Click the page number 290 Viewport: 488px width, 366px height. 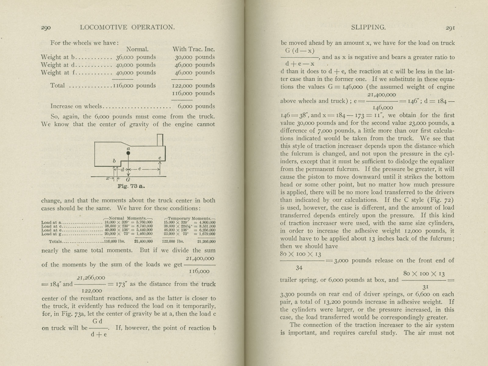(x=46, y=27)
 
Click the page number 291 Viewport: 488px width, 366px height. (x=450, y=27)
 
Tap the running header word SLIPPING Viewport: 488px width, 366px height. (x=368, y=27)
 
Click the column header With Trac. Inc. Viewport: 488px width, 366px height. (x=193, y=49)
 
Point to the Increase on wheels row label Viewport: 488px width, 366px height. (x=76, y=106)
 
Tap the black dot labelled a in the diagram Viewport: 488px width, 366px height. (x=128, y=153)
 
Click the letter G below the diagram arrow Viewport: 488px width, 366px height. (x=128, y=180)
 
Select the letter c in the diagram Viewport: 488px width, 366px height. (x=160, y=158)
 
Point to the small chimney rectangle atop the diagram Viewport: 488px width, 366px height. (x=160, y=140)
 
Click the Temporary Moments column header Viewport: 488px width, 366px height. (x=190, y=218)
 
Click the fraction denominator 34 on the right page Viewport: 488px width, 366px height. (x=299, y=268)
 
